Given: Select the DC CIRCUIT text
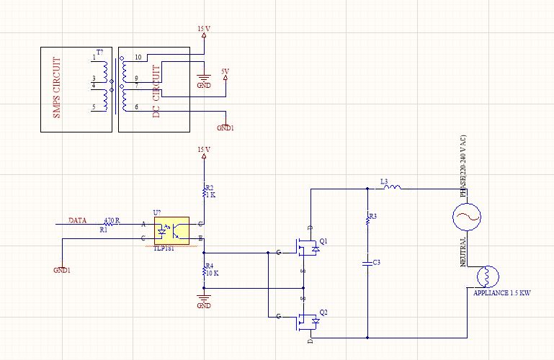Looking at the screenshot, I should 156,90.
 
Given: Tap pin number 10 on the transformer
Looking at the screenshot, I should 138,57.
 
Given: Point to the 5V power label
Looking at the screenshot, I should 225,71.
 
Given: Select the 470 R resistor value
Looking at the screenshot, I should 112,220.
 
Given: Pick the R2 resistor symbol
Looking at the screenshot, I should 205,190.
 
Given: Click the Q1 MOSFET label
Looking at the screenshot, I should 323,241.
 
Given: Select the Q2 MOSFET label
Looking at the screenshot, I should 323,312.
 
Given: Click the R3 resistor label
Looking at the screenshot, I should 372,216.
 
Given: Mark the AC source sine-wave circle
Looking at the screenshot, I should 465,216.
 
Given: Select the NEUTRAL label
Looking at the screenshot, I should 464,253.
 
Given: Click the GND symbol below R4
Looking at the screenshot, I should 205,300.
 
